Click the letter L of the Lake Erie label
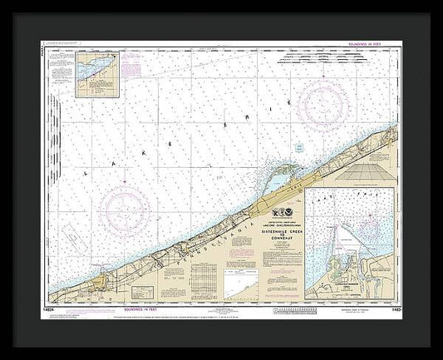coord(86,173)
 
